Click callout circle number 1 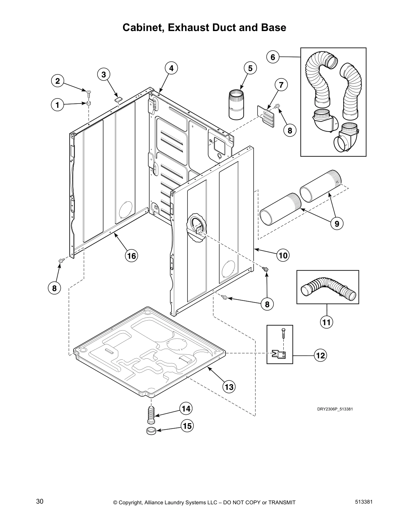[57, 105]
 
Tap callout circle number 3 [104, 74]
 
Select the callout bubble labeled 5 [250, 68]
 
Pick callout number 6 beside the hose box [273, 57]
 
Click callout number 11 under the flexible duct [326, 322]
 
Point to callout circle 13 [229, 387]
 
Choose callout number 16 [131, 256]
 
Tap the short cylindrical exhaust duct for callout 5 [237, 104]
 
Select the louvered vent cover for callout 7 [267, 116]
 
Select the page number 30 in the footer [40, 501]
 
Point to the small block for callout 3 [118, 99]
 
